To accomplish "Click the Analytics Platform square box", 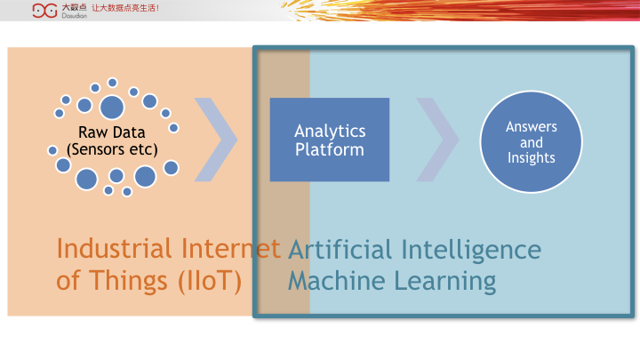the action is coord(330,140).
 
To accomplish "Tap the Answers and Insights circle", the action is coord(531,141).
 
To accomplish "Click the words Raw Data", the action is coord(112,132).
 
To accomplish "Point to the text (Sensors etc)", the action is coord(112,149).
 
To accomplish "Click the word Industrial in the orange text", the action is coord(114,248).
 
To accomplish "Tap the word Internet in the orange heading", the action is coord(230,248).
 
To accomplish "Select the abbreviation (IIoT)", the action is coord(210,281).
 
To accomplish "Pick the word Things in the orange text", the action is coord(128,281).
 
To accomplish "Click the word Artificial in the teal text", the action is coord(340,250).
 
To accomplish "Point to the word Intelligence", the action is coord(471,250).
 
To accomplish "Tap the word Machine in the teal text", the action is coord(336,281).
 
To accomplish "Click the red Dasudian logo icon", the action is coord(45,11).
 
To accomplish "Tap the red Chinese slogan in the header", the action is coord(125,8).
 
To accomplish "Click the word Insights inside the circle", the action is coord(531,158).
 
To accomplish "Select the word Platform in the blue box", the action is coord(330,149).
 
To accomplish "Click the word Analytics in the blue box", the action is coord(330,132).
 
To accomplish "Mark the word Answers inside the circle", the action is coord(531,126).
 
